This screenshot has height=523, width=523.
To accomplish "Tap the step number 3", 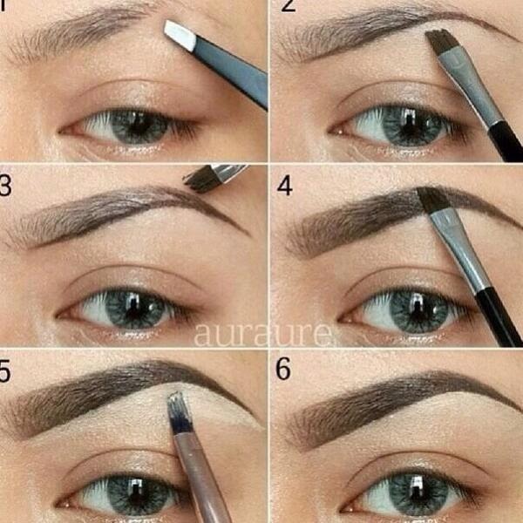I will (x=6, y=187).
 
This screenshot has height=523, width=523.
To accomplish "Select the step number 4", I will (x=284, y=187).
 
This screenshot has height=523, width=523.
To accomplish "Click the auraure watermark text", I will (x=262, y=334).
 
